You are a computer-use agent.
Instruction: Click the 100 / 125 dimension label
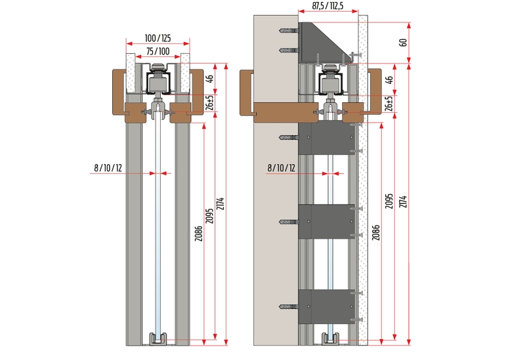[157, 39]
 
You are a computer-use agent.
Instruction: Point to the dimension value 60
[403, 43]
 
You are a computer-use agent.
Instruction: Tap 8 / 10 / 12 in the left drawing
[108, 168]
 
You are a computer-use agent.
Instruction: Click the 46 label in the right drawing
[389, 81]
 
